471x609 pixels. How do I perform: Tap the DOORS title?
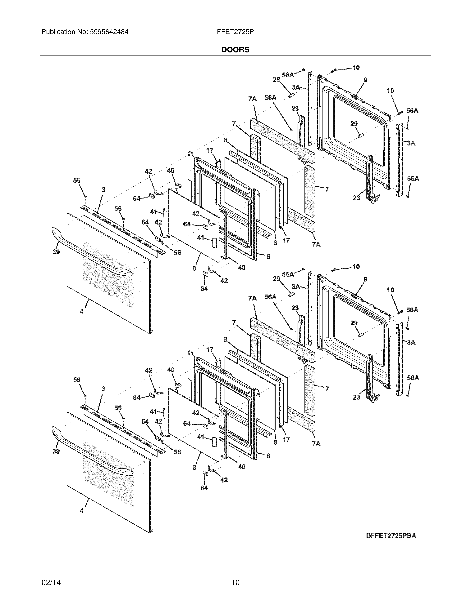[235, 50]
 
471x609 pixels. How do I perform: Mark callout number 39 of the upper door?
[56, 252]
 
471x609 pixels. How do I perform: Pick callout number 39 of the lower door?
[56, 451]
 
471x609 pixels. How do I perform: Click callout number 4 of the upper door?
[81, 311]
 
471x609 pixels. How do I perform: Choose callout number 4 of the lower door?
[81, 511]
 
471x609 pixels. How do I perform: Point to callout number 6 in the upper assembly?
[268, 256]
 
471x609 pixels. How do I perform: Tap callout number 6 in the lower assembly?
[268, 456]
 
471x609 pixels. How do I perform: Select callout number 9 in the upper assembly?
[365, 80]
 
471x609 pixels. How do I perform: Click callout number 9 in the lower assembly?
[365, 279]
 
